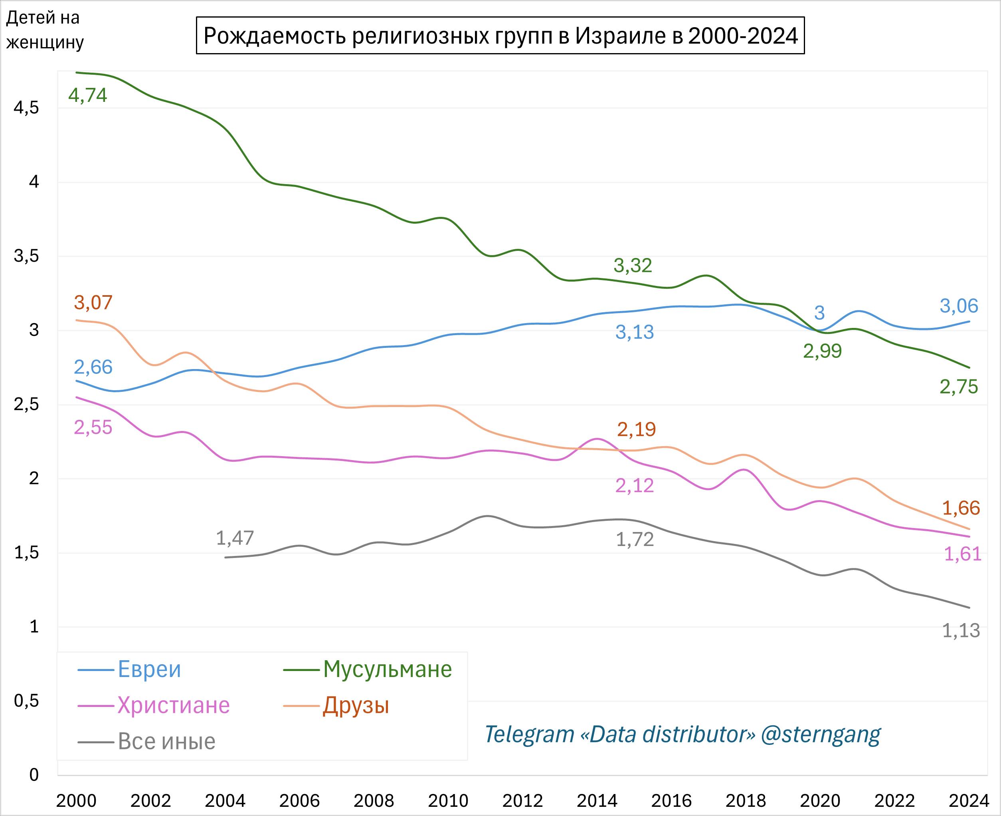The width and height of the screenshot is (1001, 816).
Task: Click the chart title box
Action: tap(500, 36)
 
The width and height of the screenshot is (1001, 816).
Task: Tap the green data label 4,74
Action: tap(88, 95)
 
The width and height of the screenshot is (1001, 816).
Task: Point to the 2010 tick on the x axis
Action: tap(448, 800)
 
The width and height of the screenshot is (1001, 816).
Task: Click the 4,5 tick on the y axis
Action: tap(26, 108)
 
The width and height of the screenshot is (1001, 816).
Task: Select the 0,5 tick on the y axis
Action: tap(26, 701)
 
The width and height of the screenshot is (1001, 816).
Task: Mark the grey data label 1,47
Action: tap(235, 538)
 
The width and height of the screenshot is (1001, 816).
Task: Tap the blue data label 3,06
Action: tap(959, 306)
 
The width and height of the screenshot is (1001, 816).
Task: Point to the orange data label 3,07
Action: tap(93, 303)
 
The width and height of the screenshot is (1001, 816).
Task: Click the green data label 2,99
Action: tap(823, 351)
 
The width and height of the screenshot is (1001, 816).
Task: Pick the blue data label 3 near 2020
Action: tap(819, 313)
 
